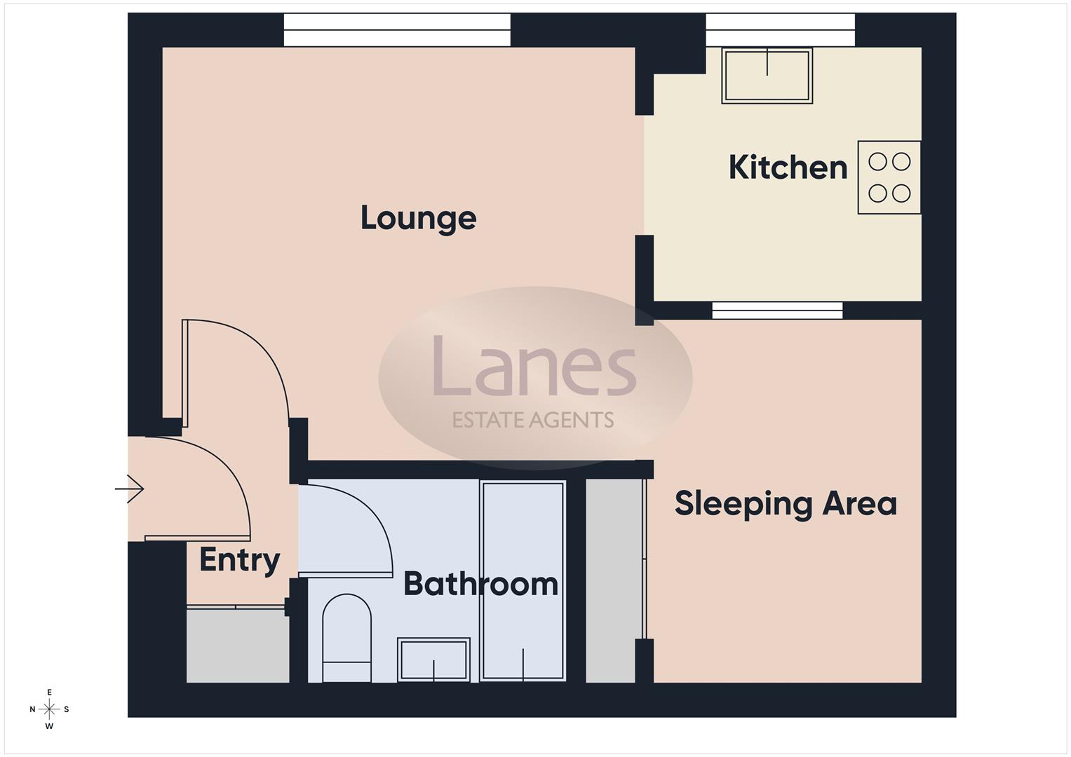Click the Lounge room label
(x=418, y=218)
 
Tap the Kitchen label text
(x=788, y=168)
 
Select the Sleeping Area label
(x=786, y=503)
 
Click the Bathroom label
(x=480, y=584)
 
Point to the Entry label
(x=239, y=559)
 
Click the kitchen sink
(x=767, y=76)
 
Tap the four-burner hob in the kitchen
(x=889, y=177)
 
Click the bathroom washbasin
(x=433, y=659)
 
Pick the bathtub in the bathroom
(x=523, y=580)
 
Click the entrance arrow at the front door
(x=130, y=489)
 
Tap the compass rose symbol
(x=49, y=709)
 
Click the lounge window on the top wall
(x=397, y=30)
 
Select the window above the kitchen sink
(x=780, y=30)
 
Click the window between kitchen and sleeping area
(x=777, y=311)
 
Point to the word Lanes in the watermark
(x=534, y=366)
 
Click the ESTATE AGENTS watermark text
(x=533, y=420)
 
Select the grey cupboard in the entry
(x=237, y=644)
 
